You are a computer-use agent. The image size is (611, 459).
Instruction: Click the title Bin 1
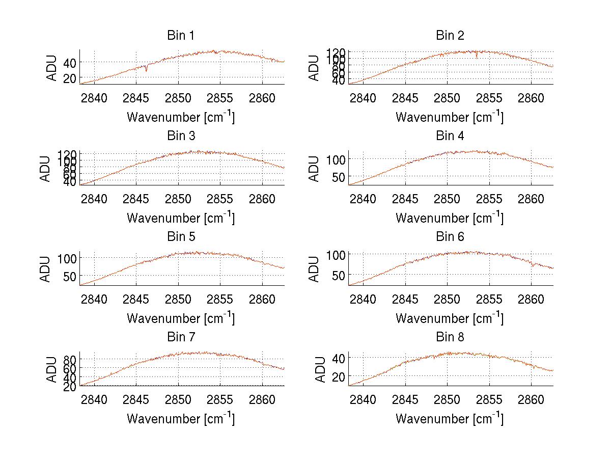click(x=181, y=36)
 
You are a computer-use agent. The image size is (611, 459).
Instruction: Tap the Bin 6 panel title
click(x=450, y=237)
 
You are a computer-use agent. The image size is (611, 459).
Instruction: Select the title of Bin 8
click(x=450, y=337)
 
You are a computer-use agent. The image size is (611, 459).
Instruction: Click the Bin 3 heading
click(x=181, y=136)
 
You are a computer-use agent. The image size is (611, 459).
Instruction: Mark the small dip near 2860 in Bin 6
click(x=533, y=265)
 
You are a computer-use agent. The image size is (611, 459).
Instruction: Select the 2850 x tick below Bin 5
click(x=179, y=299)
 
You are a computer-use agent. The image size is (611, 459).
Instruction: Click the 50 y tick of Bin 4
click(x=338, y=177)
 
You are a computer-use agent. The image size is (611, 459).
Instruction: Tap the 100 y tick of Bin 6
click(x=335, y=254)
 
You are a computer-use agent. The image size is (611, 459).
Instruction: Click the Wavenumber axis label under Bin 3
click(x=181, y=218)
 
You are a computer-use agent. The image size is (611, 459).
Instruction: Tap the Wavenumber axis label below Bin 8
click(x=450, y=419)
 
